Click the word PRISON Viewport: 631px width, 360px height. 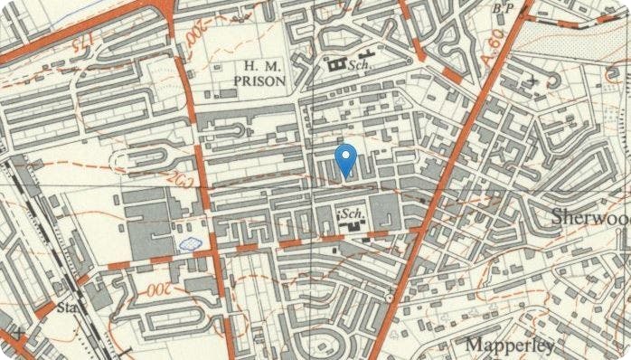[260, 81]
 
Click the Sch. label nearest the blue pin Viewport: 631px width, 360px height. [353, 213]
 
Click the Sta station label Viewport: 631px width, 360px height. [65, 308]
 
